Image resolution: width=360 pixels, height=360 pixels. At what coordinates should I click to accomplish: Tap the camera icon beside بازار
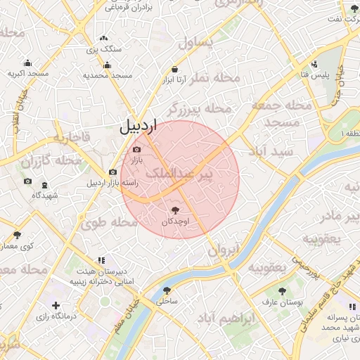(x=136, y=149)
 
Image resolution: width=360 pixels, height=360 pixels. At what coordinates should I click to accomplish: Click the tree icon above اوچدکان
(x=175, y=210)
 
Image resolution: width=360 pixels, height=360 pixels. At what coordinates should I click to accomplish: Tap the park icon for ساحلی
(x=167, y=290)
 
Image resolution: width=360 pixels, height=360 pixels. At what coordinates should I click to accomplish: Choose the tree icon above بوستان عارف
(x=282, y=290)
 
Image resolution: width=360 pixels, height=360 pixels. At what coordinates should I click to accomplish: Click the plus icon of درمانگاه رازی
(x=56, y=306)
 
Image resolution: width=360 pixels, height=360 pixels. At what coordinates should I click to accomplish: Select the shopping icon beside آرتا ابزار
(x=174, y=70)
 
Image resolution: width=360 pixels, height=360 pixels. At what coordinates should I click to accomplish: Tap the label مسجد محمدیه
(x=108, y=75)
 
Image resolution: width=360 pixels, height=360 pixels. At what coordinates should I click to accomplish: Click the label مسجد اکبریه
(x=28, y=73)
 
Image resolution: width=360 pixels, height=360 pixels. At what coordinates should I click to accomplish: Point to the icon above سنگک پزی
(x=104, y=38)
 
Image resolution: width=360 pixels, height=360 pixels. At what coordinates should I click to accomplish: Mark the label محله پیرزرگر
(x=199, y=110)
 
